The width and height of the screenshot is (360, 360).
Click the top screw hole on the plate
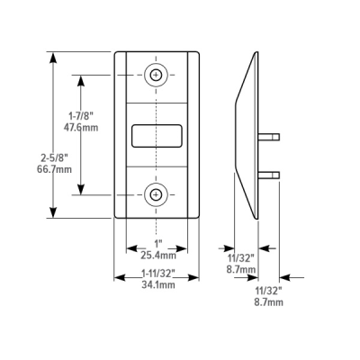coord(157,75)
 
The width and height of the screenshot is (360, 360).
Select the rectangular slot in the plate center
coord(157,135)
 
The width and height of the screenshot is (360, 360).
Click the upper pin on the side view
coord(267,137)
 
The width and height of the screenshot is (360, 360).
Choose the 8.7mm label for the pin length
coord(268,301)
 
